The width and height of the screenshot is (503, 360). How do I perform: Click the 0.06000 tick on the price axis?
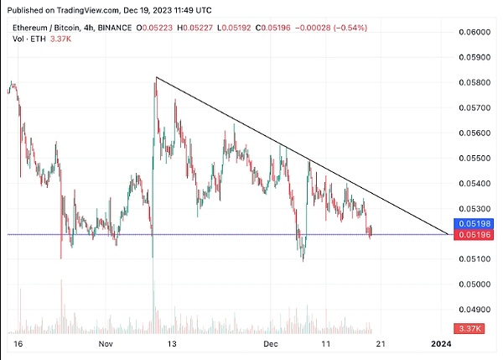pyautogui.click(x=474, y=32)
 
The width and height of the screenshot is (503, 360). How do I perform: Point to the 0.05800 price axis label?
pyautogui.click(x=474, y=82)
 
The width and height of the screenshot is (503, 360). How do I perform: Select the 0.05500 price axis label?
pyautogui.click(x=474, y=158)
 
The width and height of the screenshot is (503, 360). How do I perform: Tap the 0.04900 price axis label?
pyautogui.click(x=474, y=309)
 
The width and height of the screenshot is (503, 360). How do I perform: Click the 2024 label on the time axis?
pyautogui.click(x=442, y=344)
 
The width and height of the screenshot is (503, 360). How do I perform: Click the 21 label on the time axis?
pyautogui.click(x=379, y=344)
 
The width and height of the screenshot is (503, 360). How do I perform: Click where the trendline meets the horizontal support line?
pyautogui.click(x=447, y=234)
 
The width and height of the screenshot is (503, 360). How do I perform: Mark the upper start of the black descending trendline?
pyautogui.click(x=157, y=78)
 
